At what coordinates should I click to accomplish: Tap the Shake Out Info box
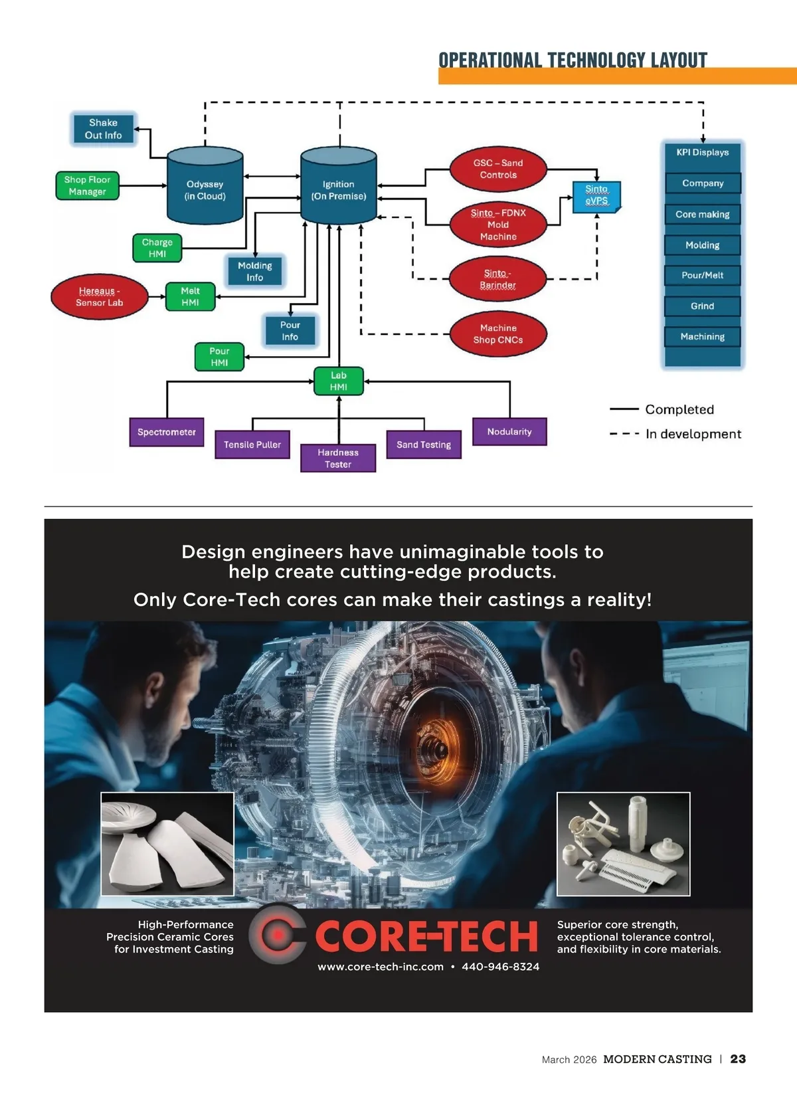point(103,129)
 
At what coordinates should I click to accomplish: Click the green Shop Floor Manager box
point(87,185)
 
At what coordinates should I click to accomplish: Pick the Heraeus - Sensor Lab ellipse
point(99,296)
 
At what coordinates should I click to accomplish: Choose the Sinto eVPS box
point(596,196)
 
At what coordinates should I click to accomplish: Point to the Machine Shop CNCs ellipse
point(498,334)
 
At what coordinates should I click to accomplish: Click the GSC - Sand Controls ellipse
point(498,169)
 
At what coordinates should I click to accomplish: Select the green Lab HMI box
point(339,381)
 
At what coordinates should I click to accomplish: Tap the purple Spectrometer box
point(167,432)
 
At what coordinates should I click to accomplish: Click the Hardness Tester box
point(338,458)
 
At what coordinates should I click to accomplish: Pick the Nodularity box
point(509,431)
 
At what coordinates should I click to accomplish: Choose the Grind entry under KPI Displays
point(702,306)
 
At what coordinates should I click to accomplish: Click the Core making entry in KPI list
point(702,214)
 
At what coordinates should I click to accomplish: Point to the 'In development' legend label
point(693,434)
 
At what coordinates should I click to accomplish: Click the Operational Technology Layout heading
point(573,60)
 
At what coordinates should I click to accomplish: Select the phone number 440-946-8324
point(500,966)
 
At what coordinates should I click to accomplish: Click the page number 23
point(738,1059)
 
